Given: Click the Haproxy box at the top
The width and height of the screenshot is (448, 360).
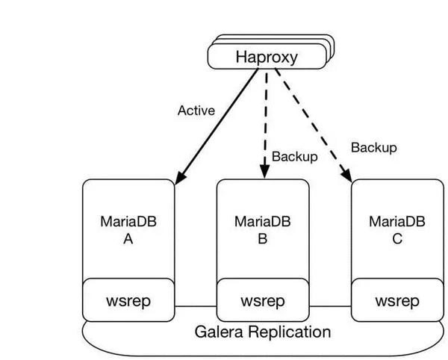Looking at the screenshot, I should (267, 57).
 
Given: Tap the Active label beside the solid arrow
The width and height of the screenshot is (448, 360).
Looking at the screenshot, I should (196, 111).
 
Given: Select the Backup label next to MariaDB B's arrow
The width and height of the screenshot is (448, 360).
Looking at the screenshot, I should (294, 156).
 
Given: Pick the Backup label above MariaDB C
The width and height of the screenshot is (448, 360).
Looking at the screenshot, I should (373, 148).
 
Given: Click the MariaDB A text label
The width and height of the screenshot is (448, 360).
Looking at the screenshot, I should (128, 221).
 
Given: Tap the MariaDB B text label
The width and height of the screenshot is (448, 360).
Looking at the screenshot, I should (262, 221).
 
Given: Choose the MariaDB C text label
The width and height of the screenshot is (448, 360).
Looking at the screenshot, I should (397, 221).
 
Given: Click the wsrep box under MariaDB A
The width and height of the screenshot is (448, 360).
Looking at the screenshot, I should (128, 301).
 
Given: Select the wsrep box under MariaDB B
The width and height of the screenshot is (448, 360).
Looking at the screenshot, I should (262, 301).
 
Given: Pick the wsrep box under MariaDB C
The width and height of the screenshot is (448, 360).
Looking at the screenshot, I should (397, 301).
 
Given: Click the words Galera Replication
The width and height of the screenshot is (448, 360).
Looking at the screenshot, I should (262, 332).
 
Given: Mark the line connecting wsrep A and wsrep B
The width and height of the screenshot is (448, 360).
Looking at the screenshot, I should (195, 306).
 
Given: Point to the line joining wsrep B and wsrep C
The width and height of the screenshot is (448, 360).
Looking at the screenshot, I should (330, 306).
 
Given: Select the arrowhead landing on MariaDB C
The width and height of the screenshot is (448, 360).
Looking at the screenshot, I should (348, 176).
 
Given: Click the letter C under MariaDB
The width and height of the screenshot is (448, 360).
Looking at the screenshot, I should (397, 239).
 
